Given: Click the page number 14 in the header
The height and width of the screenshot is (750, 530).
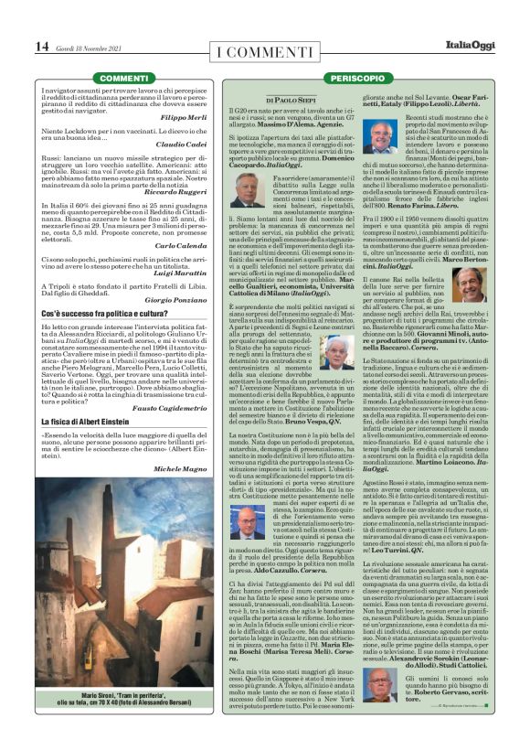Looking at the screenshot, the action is pyautogui.click(x=42, y=46).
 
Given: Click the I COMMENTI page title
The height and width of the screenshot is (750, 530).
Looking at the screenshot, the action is pyautogui.click(x=264, y=48).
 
